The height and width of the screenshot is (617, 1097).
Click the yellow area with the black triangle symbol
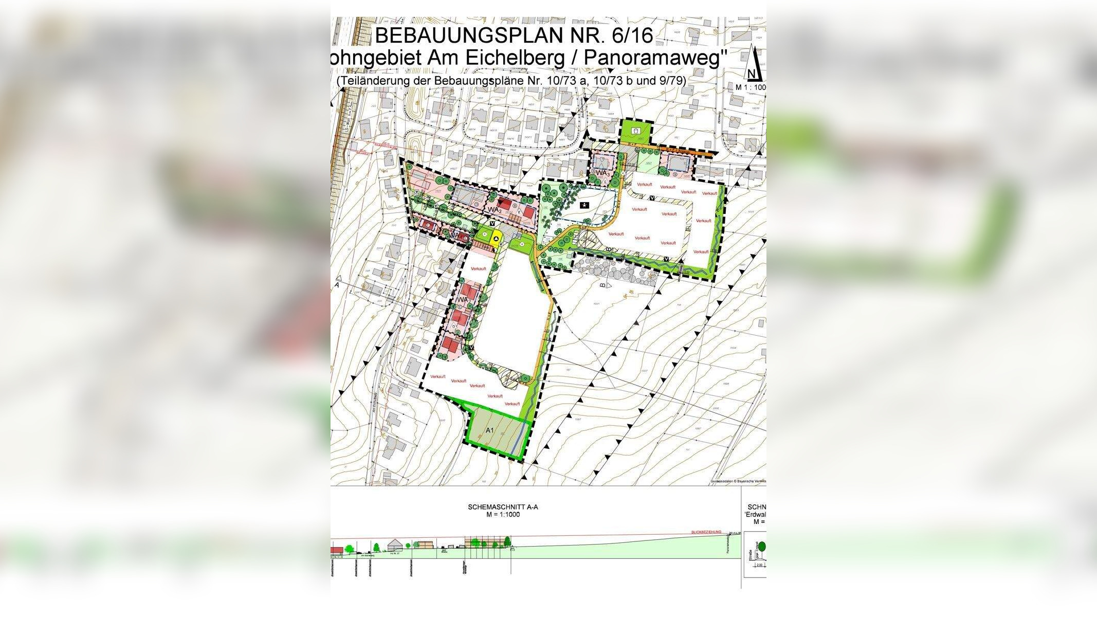click(496, 238)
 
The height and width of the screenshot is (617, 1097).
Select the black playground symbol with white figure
click(583, 205)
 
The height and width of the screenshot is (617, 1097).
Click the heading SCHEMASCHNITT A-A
click(503, 507)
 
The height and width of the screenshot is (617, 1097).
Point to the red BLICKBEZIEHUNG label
click(706, 532)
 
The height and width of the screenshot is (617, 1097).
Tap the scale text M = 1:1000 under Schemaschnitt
click(503, 515)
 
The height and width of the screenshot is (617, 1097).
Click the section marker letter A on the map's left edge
click(337, 284)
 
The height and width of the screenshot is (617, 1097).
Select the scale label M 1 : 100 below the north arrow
click(750, 87)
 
